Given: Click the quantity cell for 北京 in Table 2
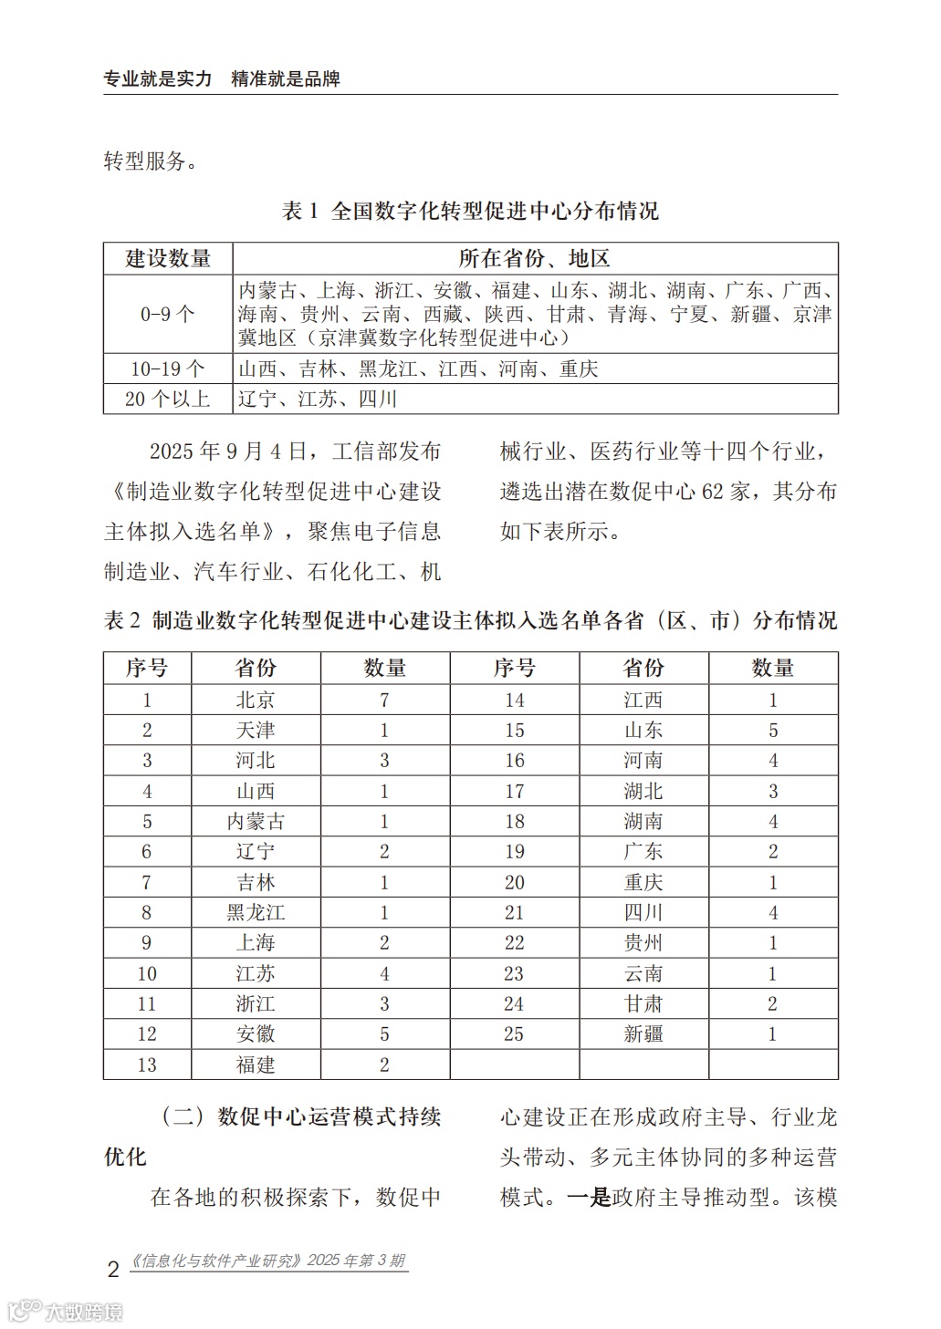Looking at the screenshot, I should coord(384,700).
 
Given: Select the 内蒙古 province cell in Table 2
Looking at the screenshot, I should coord(256,822).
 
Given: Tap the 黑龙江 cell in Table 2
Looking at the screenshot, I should coord(256,913).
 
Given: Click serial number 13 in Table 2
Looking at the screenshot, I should coord(147,1065).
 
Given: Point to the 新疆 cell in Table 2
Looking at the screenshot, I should coord(643,1034).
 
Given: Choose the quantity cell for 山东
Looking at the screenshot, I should coord(773,731).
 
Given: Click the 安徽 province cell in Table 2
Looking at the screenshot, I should coord(256,1034).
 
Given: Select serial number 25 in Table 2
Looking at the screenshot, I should coord(514,1034).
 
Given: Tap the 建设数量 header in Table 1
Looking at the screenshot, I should coord(168,258).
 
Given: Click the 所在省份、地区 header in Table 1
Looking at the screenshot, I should coord(534,258).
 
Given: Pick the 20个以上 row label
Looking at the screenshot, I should coord(168,399).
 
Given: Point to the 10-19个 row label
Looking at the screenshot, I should coord(168,369).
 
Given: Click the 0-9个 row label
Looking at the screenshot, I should coord(168,315).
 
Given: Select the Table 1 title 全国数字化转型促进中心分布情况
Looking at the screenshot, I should coord(494,212).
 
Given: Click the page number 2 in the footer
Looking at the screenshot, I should coord(113,1269).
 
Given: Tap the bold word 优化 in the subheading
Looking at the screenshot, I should coord(125,1157).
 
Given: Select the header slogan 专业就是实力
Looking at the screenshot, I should coord(158,79).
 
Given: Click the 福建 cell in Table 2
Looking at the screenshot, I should coord(256,1065).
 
